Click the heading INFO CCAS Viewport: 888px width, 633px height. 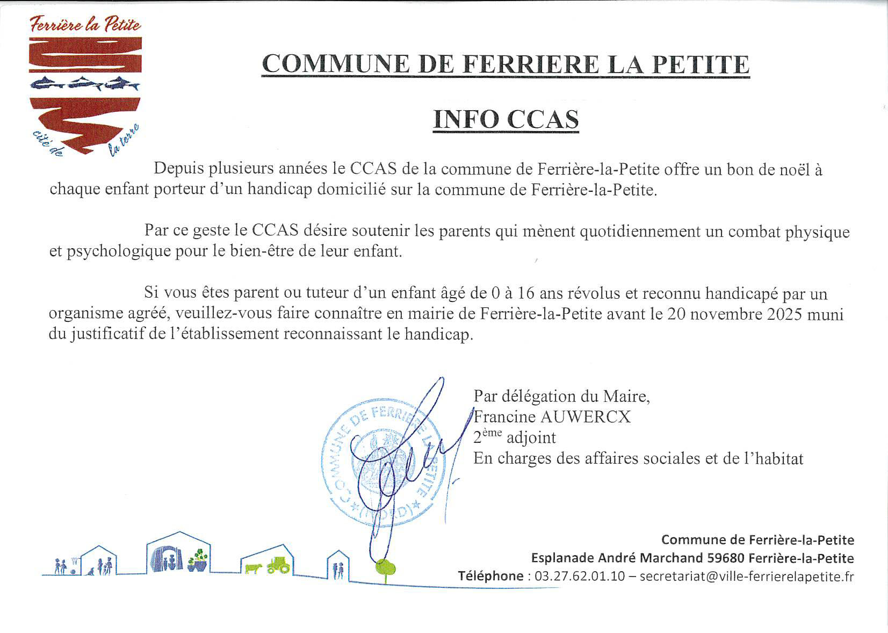coord(506,119)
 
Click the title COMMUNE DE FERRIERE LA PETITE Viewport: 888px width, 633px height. coord(505,64)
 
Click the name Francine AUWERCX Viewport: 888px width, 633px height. coord(552,417)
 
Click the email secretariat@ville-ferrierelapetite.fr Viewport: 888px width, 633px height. coord(747,577)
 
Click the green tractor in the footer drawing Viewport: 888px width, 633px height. coord(278,565)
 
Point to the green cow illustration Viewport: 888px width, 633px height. coord(252,568)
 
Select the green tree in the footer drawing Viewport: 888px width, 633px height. coord(385,567)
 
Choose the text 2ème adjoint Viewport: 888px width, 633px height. coord(514,437)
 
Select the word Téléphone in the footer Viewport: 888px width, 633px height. coord(490,577)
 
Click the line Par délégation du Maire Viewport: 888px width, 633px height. coord(561,397)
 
